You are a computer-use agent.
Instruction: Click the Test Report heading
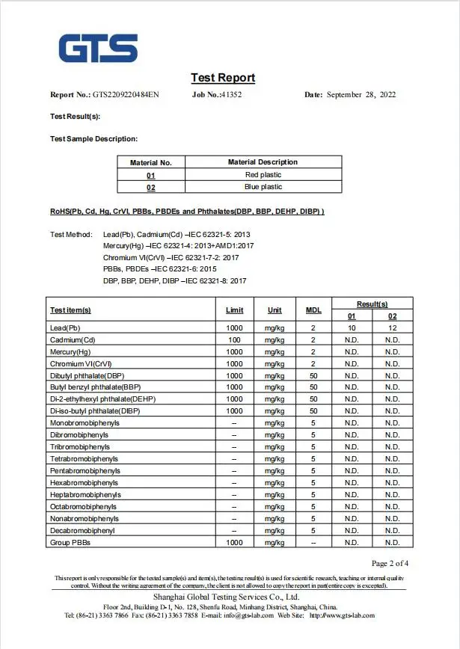223,78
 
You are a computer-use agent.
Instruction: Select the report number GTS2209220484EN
126,95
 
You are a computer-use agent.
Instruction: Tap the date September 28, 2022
361,95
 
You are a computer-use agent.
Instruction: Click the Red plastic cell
263,174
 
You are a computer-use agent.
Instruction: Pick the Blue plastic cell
263,187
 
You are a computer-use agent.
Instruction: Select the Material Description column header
263,162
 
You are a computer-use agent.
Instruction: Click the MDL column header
313,310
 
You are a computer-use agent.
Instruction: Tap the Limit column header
234,310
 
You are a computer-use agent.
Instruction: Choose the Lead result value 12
393,328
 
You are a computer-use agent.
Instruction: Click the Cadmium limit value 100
234,340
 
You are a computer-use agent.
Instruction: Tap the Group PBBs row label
70,543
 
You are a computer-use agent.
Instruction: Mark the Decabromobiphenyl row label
82,531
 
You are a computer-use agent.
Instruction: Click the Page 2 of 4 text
390,563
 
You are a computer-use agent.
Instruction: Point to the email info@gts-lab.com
247,615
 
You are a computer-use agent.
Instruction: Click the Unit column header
275,310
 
